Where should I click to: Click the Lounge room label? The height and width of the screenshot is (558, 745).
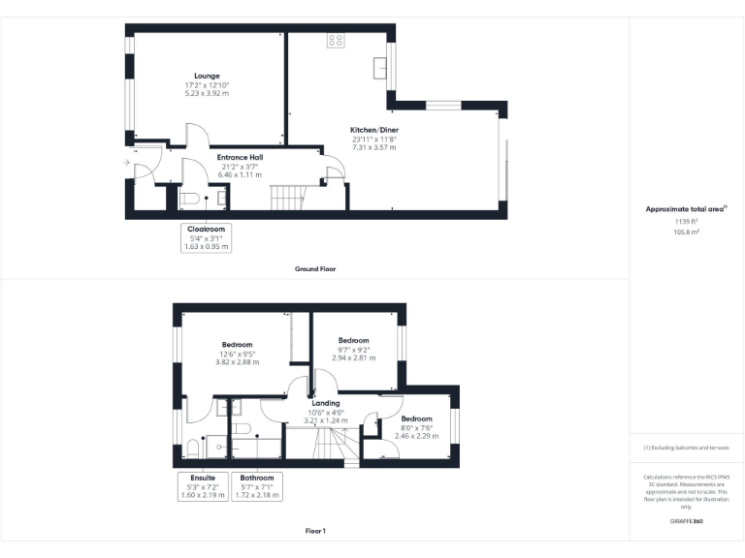pos(207,76)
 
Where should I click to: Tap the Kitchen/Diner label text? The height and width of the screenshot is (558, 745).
pos(374,130)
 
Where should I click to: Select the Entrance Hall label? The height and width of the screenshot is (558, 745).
pos(239,157)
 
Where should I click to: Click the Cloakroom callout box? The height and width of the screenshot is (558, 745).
pos(207,238)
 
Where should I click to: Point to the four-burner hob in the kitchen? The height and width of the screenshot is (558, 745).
pos(336,41)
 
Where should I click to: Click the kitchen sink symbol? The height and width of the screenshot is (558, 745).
pos(381,67)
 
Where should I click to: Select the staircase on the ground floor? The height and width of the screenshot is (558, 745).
pos(286,199)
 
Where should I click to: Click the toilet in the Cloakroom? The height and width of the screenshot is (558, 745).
pos(190,199)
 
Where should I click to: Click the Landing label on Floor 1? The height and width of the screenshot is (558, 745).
pos(325,404)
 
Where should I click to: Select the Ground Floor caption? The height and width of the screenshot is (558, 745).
pos(315,268)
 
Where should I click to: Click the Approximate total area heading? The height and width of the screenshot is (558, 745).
pos(686,209)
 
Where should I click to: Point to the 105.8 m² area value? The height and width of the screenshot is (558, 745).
pos(687,232)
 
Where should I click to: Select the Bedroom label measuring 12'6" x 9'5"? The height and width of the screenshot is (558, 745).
pos(237,345)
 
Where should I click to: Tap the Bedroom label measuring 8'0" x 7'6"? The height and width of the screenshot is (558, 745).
pos(417,419)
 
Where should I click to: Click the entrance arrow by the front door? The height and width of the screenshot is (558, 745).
pos(127,163)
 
